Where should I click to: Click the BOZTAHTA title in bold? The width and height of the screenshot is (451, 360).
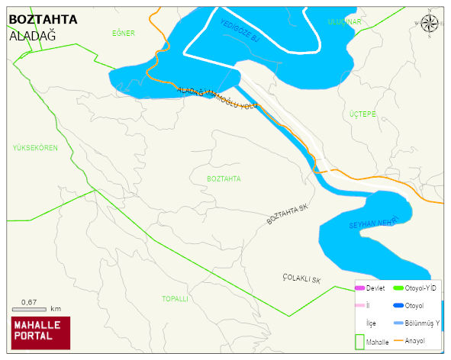[43, 20]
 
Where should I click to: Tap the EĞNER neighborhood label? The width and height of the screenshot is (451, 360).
[123, 34]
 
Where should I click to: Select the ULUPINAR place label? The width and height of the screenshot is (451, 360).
[343, 22]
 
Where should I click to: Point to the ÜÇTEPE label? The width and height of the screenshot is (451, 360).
[362, 114]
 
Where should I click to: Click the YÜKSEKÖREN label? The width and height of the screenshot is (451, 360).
[35, 147]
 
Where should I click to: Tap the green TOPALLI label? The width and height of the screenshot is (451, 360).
[175, 299]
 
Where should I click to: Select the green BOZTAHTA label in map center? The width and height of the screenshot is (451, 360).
[224, 178]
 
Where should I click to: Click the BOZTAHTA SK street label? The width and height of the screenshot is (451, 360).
[291, 214]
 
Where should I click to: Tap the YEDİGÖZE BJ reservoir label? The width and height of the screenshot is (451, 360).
[240, 35]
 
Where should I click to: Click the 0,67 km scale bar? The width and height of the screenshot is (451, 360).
[35, 307]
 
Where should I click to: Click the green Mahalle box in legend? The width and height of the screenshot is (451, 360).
[359, 341]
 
